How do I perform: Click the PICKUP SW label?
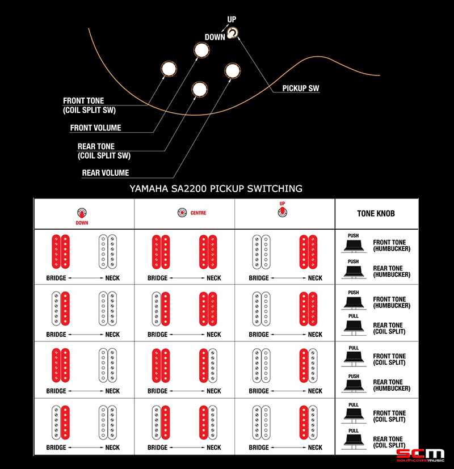300,88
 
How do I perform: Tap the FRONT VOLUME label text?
95,128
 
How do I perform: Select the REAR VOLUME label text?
106,172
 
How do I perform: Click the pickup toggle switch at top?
232,33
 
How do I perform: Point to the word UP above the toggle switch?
232,19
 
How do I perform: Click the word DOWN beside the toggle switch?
215,37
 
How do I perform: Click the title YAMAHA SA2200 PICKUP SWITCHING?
216,188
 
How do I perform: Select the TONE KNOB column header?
376,213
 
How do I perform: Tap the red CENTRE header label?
198,213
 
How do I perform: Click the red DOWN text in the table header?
82,223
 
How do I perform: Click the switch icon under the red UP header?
282,212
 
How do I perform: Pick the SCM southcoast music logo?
420,455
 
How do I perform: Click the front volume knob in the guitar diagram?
201,50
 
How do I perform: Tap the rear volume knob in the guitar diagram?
232,70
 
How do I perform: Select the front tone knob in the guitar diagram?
169,69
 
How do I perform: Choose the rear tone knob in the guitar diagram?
200,89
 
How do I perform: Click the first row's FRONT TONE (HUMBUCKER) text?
392,245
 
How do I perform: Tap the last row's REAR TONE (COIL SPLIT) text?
389,442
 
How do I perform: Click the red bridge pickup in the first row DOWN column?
61,252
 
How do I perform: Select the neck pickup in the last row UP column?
308,422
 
